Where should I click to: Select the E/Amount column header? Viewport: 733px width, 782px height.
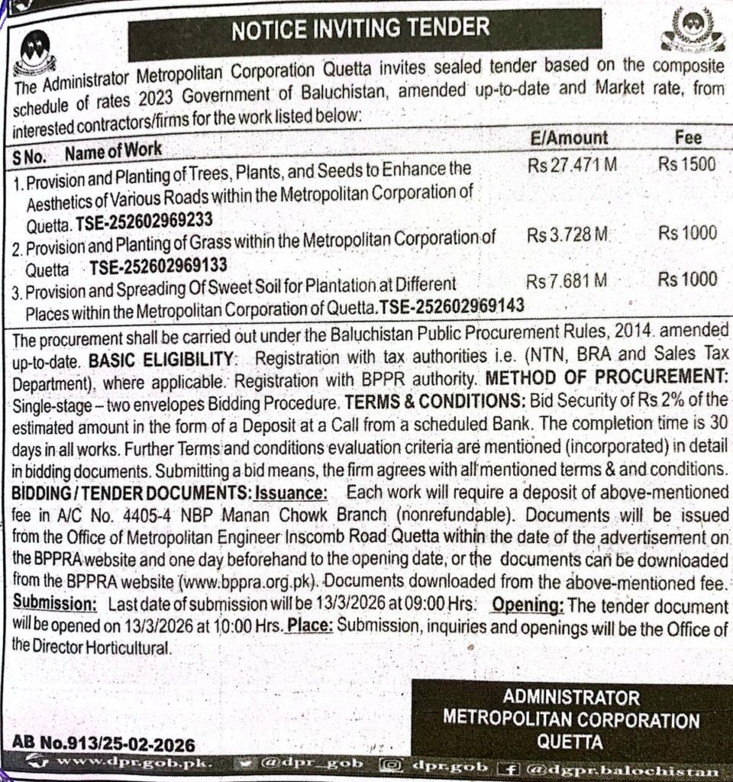click(569, 137)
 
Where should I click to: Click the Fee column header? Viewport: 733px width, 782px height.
click(688, 137)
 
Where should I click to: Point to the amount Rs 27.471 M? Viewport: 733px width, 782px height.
click(571, 165)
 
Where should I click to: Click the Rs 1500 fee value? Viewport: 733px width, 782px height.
click(687, 164)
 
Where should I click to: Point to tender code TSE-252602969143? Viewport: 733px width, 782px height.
click(451, 306)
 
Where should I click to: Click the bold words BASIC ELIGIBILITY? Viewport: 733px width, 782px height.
click(160, 359)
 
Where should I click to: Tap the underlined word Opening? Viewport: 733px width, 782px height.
click(528, 605)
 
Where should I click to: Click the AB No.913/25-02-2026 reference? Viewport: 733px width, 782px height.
click(104, 743)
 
